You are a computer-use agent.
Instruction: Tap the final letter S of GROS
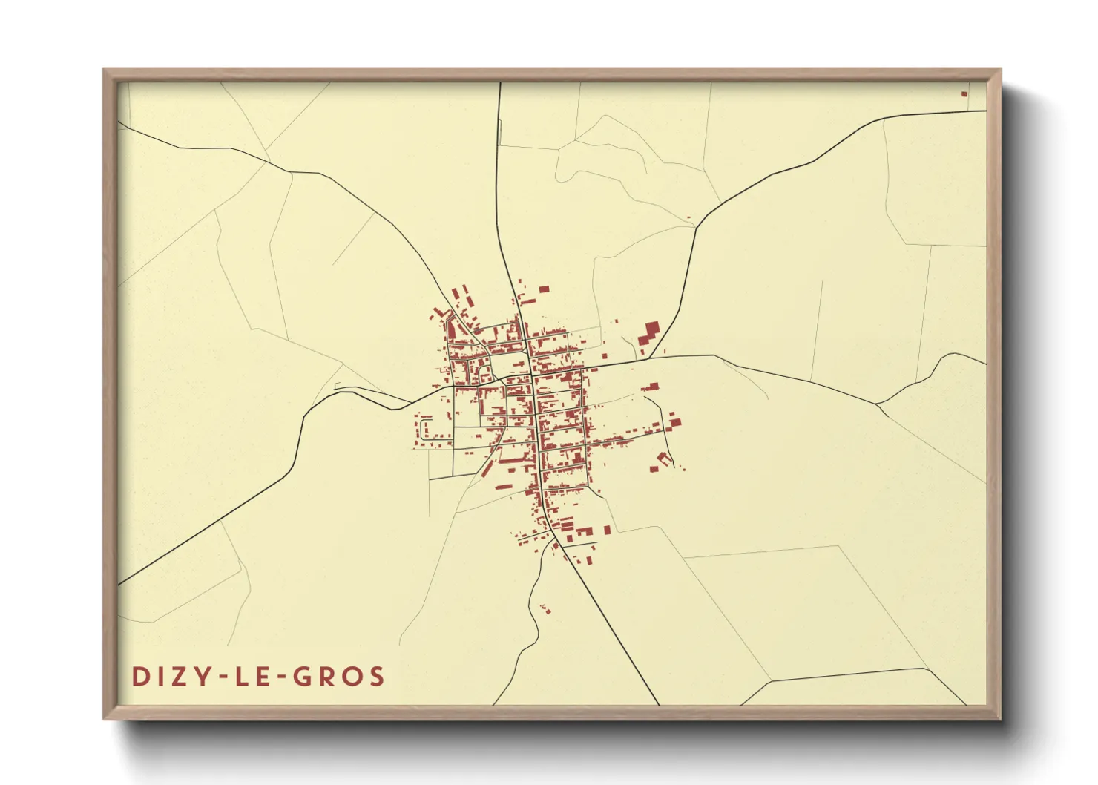377,676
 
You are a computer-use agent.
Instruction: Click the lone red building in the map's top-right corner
964,93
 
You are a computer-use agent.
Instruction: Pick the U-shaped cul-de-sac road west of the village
424,428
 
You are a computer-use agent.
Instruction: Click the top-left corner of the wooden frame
104,70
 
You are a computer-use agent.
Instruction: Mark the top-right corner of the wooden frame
1000,70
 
